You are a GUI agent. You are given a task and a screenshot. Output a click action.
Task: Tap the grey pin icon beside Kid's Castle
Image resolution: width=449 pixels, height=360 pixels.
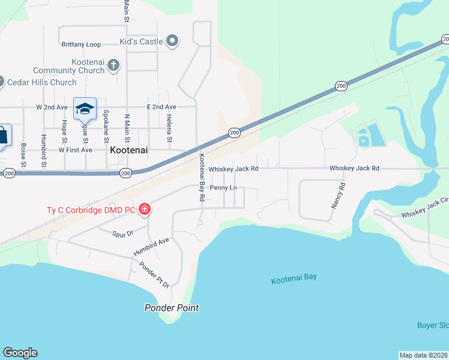[x=172, y=41]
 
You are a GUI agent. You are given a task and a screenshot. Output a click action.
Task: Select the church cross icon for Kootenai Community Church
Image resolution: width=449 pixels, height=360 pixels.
[x=113, y=70]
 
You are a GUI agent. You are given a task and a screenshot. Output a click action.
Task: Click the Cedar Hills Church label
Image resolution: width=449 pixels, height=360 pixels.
[x=42, y=82]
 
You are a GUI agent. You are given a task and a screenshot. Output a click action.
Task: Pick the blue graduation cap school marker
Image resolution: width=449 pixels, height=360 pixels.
[x=85, y=109]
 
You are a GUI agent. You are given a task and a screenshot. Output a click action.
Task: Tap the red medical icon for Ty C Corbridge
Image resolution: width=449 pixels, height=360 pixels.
[x=145, y=209]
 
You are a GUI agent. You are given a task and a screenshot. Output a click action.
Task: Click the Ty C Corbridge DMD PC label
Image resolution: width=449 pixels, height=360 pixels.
[x=91, y=210]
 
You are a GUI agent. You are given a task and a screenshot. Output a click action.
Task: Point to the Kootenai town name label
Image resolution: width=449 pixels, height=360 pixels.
[x=129, y=151]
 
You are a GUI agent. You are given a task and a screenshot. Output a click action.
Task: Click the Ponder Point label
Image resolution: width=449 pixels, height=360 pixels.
[x=172, y=308]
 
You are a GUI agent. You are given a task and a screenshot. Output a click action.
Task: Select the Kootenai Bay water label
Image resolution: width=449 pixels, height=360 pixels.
[x=294, y=278]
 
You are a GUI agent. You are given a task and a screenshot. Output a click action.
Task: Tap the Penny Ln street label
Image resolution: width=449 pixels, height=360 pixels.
[x=223, y=188]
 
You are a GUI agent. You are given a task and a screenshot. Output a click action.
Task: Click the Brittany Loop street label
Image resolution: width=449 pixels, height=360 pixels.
[x=81, y=44]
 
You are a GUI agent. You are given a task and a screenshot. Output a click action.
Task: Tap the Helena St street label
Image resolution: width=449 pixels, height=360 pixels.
[x=170, y=128]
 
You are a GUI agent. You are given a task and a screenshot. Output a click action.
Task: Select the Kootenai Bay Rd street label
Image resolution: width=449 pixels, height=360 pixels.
[x=202, y=177]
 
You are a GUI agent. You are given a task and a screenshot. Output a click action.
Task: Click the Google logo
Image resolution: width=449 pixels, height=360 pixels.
[x=20, y=353]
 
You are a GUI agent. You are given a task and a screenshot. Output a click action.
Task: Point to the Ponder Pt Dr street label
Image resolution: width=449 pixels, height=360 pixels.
[x=154, y=275]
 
